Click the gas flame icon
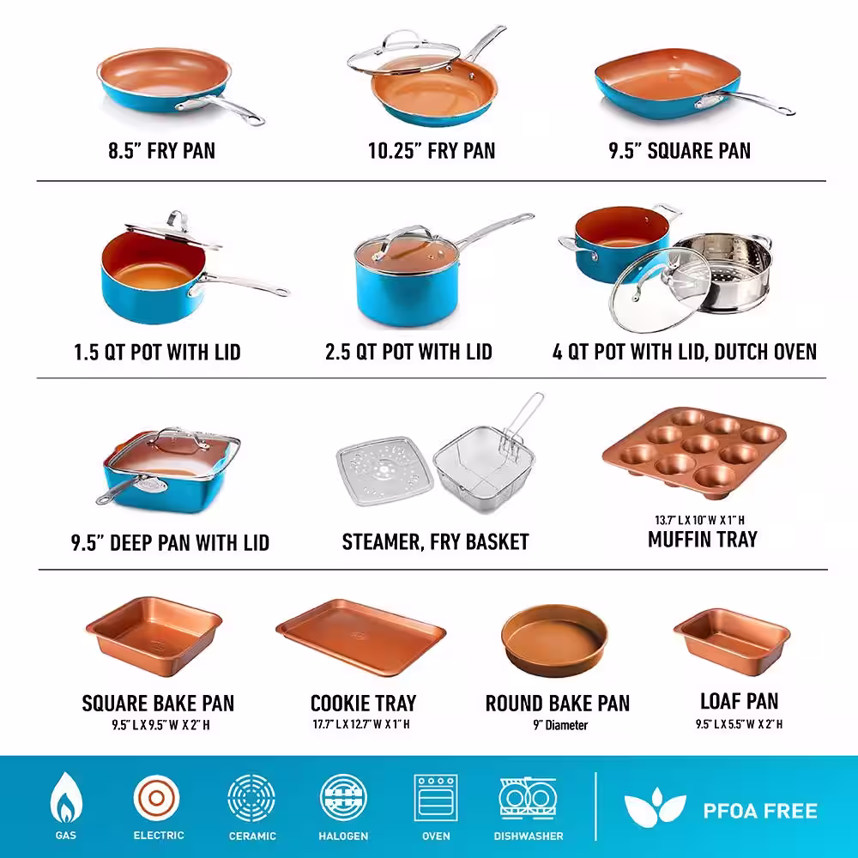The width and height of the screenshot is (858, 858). tap(66, 798)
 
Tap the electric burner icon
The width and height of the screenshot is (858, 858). tap(156, 798)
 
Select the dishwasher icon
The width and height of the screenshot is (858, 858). tap(528, 798)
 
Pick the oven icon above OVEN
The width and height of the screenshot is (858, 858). tap(436, 798)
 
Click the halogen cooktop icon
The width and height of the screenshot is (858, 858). tap(343, 798)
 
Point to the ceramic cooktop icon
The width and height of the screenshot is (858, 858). tap(251, 798)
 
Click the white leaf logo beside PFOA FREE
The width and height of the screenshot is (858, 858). tap(655, 807)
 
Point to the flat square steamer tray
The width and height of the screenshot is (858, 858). tap(384, 470)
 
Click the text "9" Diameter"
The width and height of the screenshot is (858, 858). tap(560, 725)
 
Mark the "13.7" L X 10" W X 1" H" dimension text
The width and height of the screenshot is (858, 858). tap(699, 520)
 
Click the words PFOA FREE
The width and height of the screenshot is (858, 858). tap(760, 811)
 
